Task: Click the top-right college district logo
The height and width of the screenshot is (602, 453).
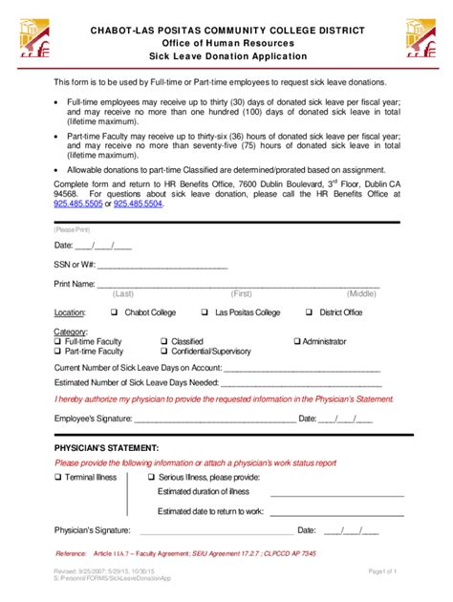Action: (421, 39)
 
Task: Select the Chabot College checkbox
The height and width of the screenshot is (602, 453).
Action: (114, 312)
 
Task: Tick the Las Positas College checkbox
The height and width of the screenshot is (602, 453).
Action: (205, 312)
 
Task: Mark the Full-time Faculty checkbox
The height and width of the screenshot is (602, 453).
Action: (58, 341)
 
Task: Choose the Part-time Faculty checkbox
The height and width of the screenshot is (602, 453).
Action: (58, 352)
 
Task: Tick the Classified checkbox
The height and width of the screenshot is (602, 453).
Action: (163, 341)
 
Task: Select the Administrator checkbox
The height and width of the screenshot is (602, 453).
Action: (297, 341)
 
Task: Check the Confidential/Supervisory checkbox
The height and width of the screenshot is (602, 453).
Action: (163, 352)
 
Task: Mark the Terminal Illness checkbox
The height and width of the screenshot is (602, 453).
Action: (58, 476)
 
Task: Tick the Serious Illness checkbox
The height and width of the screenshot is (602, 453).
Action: (151, 476)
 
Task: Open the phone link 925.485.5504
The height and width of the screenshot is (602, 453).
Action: (138, 204)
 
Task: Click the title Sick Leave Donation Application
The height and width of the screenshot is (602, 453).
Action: (226, 57)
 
